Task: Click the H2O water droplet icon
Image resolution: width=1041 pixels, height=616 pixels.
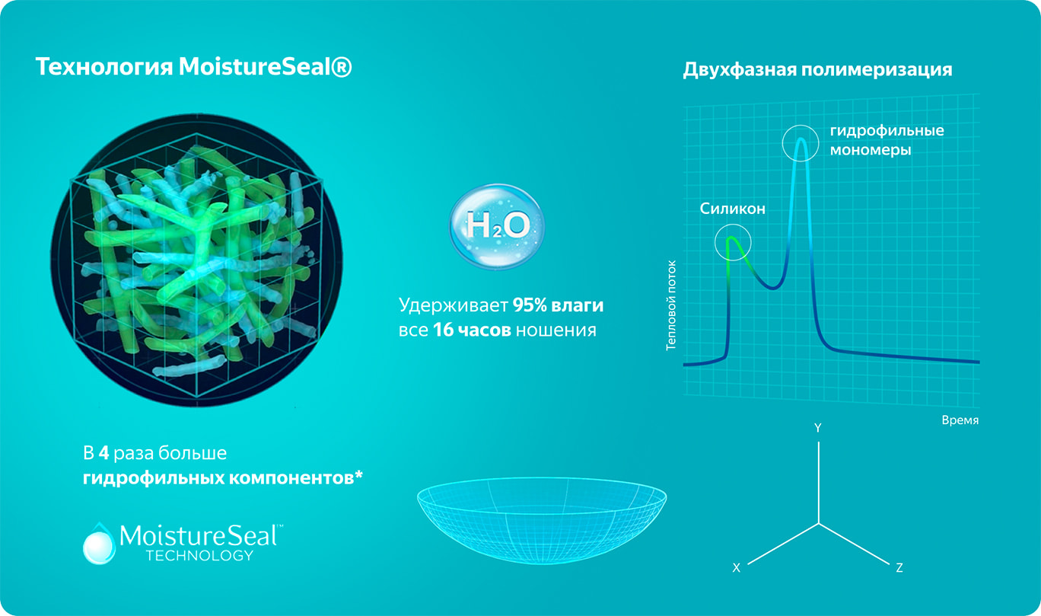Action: (496, 226)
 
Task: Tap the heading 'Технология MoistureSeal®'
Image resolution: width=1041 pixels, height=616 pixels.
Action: (194, 66)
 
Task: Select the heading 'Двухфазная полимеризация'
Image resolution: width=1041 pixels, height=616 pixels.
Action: (817, 70)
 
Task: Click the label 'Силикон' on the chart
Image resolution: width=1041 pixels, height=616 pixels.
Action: (732, 209)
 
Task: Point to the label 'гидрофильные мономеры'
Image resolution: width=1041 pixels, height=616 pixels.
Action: (887, 140)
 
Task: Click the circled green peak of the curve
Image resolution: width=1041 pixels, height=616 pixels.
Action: (732, 239)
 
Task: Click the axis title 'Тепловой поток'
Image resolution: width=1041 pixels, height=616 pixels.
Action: (671, 305)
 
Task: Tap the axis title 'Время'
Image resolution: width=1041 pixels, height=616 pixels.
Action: (960, 420)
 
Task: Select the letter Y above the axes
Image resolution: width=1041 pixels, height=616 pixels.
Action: (818, 428)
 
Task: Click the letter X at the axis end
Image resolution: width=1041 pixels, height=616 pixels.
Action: (736, 568)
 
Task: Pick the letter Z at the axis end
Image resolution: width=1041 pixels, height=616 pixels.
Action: (899, 568)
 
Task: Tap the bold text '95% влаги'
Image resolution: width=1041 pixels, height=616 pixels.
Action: (558, 305)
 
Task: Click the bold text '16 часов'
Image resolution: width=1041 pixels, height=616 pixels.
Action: (472, 330)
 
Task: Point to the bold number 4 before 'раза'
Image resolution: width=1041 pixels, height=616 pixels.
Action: (103, 453)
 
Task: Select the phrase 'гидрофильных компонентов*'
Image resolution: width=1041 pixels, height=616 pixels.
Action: (223, 478)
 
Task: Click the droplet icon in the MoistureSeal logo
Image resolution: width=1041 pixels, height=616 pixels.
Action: (99, 544)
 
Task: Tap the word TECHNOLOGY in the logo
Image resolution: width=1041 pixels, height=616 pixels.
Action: (199, 556)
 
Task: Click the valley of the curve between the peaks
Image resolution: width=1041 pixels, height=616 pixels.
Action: (772, 288)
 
